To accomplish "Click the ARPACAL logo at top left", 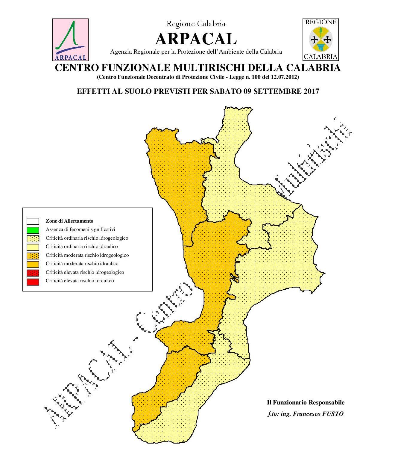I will click(x=71, y=40).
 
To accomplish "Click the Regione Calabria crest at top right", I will click(x=320, y=39).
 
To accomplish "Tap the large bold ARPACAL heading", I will click(x=196, y=39).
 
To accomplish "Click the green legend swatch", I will click(x=33, y=230).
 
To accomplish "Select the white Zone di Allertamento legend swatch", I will click(x=33, y=221).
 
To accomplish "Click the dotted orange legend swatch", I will click(x=33, y=256).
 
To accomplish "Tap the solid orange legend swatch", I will click(x=33, y=264).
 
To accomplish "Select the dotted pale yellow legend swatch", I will click(x=33, y=238).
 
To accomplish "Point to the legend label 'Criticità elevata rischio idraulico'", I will click(x=80, y=281).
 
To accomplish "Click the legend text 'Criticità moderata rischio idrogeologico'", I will click(x=87, y=256).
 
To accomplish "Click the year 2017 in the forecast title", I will click(x=312, y=91).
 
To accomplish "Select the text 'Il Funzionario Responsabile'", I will click(x=306, y=403).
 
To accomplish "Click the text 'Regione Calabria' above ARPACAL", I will click(x=196, y=24).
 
